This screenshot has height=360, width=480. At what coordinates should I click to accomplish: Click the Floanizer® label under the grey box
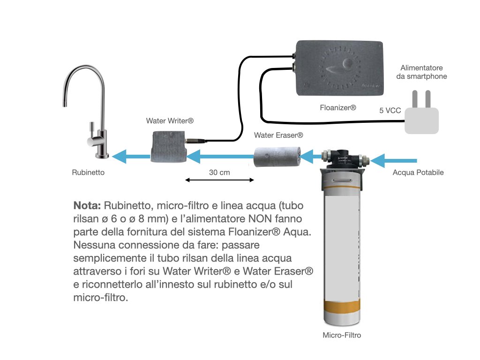point(338,107)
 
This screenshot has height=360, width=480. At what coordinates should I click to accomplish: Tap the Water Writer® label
point(170,120)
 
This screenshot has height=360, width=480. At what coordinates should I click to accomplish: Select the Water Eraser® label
point(278,135)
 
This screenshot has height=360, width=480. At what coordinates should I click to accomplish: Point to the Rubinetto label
point(88,172)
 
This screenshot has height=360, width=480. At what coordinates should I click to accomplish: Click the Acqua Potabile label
point(418,172)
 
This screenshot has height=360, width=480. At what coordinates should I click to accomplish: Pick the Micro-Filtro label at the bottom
point(342,335)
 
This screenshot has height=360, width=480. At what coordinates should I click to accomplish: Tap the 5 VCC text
point(390,111)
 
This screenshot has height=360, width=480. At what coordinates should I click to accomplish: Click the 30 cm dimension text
point(219,172)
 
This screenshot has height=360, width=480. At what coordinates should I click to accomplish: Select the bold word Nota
point(87,205)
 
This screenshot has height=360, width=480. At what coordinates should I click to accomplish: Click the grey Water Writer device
point(168,146)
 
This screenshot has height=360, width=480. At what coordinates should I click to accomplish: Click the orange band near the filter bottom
point(342,307)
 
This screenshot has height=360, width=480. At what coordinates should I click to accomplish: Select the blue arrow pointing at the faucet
point(131,157)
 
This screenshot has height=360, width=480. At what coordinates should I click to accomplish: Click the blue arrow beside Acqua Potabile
point(393,160)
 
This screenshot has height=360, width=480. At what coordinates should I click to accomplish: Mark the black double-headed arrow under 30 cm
point(219,180)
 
